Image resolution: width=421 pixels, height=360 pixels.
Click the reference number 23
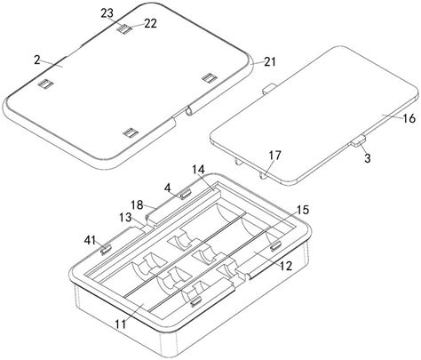tap(107, 13)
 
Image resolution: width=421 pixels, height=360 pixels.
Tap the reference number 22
tap(150, 23)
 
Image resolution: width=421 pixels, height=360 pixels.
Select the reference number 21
tap(270, 62)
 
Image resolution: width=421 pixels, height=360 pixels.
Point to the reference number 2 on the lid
tap(37, 60)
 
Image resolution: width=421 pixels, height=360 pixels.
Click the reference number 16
tap(409, 118)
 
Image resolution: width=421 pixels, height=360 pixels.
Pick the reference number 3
tap(368, 158)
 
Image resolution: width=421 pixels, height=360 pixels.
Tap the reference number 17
tap(275, 156)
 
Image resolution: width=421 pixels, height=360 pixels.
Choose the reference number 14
tap(198, 170)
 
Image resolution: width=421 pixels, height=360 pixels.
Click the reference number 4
tap(168, 188)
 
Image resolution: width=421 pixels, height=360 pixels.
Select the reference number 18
tap(137, 204)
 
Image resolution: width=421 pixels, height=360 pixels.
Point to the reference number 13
tap(125, 218)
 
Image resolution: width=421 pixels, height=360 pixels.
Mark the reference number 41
tap(90, 240)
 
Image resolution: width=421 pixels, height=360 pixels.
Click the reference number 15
tap(303, 210)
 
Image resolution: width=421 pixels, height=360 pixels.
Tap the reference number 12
tap(286, 266)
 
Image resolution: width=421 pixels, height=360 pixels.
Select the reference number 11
tap(121, 324)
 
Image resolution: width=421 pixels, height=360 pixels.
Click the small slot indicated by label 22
tap(124, 28)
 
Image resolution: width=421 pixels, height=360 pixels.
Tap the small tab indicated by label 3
tap(359, 140)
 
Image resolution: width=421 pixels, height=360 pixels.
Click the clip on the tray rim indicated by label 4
tap(186, 194)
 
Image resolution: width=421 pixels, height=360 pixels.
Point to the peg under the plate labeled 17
tap(263, 175)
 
